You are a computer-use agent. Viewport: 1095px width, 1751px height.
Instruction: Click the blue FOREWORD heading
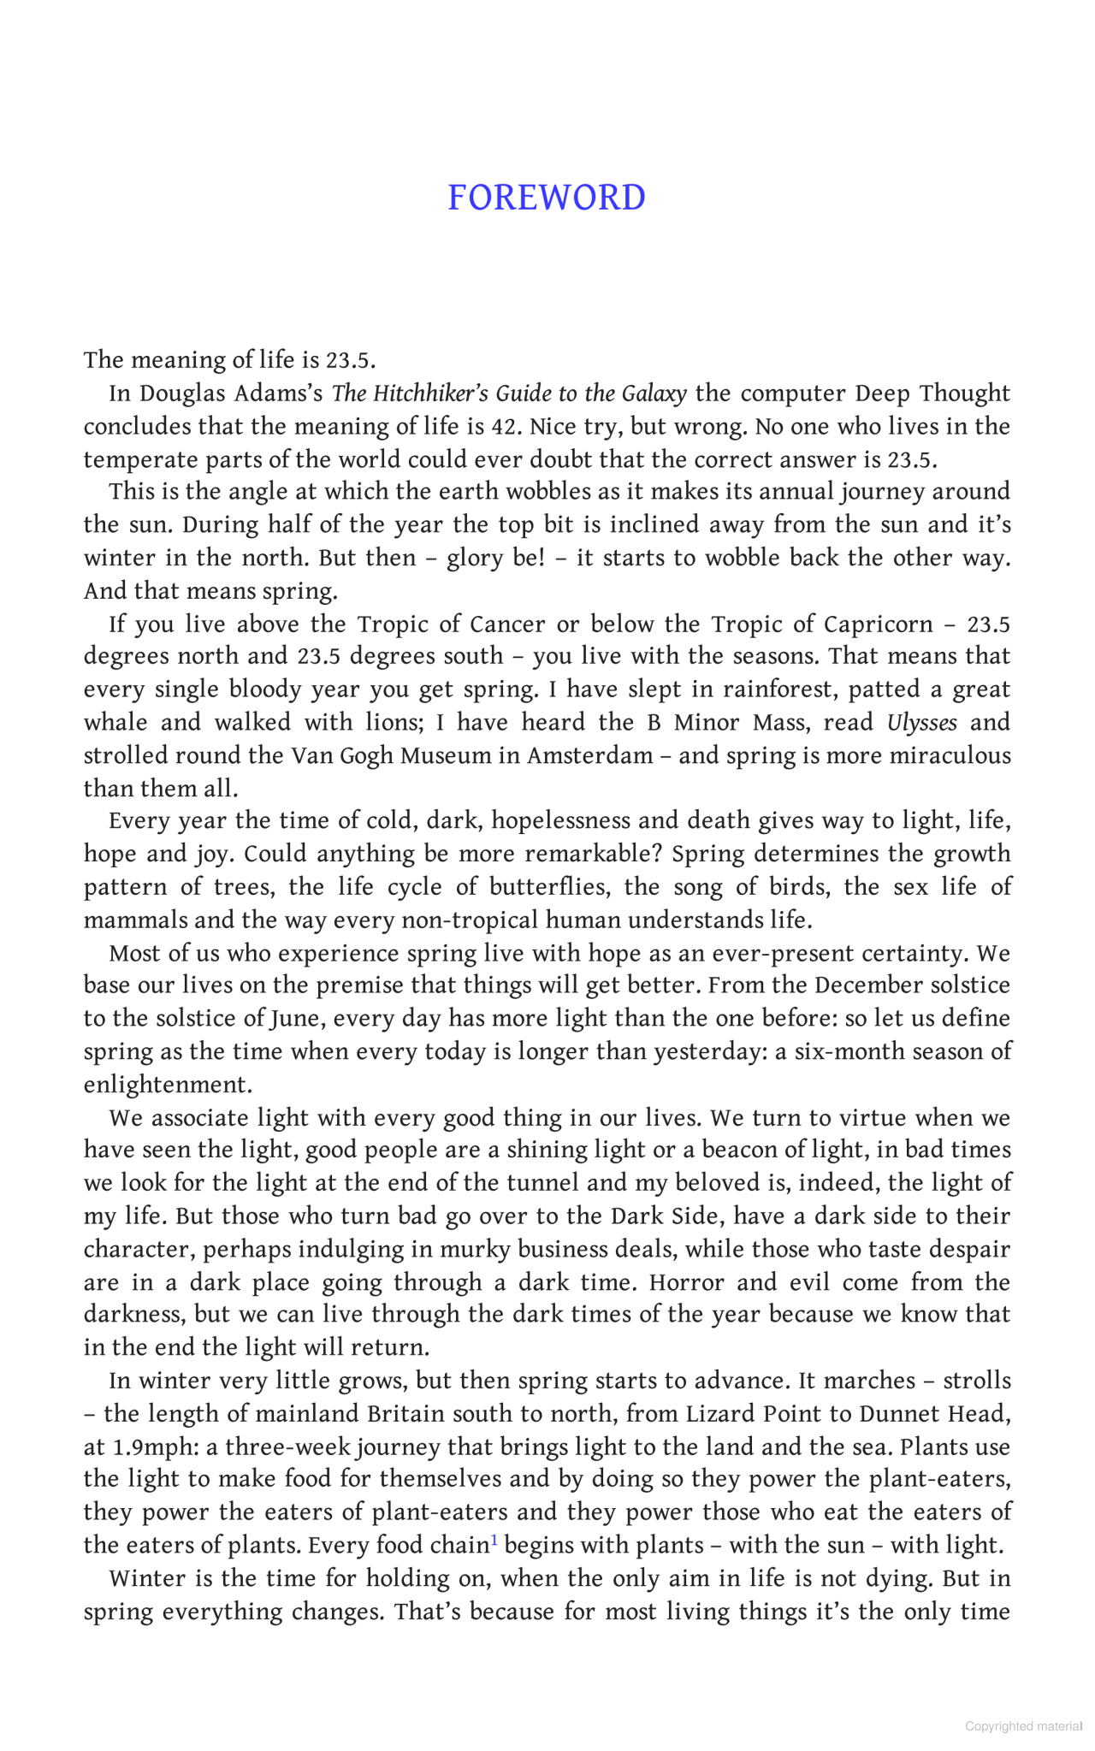point(547,198)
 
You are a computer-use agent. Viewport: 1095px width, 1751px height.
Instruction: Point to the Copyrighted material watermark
point(1023,1726)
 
